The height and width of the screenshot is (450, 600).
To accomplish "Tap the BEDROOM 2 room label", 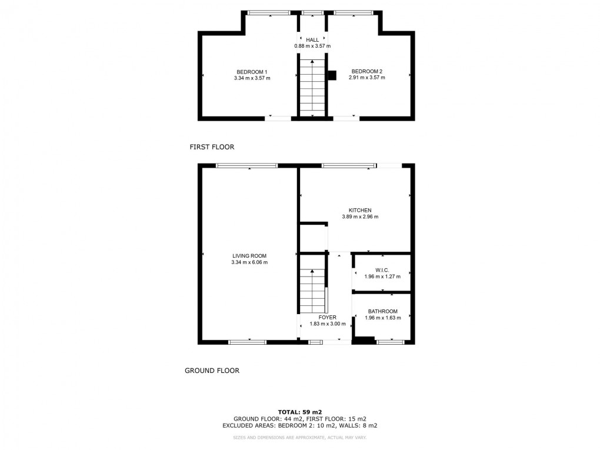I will tap(366, 72).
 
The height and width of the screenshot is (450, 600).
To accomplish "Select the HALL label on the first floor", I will tap(312, 40).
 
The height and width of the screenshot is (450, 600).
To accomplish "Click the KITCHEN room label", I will tap(360, 210).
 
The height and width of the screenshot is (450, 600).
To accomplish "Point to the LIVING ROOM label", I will tap(249, 256).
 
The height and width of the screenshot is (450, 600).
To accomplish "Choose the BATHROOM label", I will tap(382, 311).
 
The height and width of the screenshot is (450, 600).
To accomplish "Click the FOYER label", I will tap(328, 317).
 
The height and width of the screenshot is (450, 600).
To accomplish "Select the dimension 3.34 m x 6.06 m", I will tap(249, 262).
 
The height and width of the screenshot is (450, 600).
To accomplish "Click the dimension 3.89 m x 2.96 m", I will tap(360, 216).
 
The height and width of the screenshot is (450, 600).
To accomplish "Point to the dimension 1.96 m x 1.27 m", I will tap(382, 276).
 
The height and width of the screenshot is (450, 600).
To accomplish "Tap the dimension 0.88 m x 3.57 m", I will tap(312, 46).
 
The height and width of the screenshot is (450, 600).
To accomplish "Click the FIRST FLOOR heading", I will tap(212, 146).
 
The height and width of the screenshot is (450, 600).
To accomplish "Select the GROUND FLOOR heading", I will tap(212, 371).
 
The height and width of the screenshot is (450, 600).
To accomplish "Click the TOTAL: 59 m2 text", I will tap(300, 412).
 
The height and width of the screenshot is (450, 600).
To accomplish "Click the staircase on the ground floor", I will tap(312, 291).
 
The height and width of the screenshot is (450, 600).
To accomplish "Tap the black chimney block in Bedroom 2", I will tap(332, 75).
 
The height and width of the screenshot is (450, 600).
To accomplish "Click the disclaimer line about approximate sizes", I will tap(300, 438).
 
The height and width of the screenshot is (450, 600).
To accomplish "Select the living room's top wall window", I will tap(246, 166).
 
